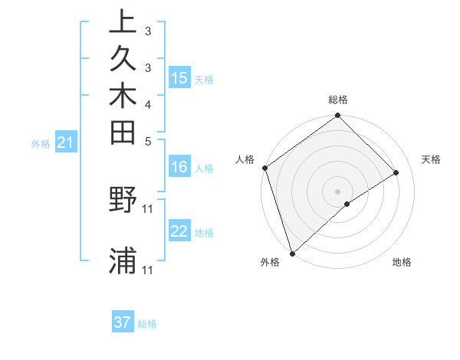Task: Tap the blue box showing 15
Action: click(179, 77)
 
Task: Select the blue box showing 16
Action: click(179, 167)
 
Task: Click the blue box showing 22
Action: click(179, 231)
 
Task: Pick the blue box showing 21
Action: click(65, 142)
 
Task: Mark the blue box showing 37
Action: click(123, 322)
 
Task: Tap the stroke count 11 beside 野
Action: click(148, 208)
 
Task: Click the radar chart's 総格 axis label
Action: click(338, 100)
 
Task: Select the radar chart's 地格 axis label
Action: click(402, 262)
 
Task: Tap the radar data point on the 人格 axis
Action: click(264, 168)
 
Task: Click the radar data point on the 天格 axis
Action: click(396, 172)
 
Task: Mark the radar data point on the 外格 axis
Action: click(292, 252)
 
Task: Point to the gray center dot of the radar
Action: click(337, 191)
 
